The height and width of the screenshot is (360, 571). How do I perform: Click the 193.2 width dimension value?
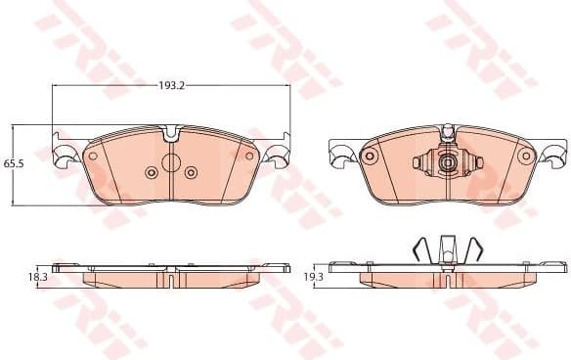[172, 86]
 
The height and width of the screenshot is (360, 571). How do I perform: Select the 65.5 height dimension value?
[13, 163]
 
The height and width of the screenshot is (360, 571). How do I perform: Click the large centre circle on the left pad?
[171, 163]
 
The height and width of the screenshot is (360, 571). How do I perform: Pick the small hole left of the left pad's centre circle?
[151, 172]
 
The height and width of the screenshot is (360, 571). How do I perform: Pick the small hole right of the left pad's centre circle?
[192, 172]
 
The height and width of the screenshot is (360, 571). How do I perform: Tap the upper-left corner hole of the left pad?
[93, 156]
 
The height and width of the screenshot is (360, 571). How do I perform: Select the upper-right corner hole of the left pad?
[249, 156]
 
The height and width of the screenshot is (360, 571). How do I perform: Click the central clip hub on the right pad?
[449, 163]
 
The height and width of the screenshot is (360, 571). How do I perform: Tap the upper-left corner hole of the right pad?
[370, 156]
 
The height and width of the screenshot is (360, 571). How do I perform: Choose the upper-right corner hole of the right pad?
[528, 156]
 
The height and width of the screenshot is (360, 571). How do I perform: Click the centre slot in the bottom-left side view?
[171, 280]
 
